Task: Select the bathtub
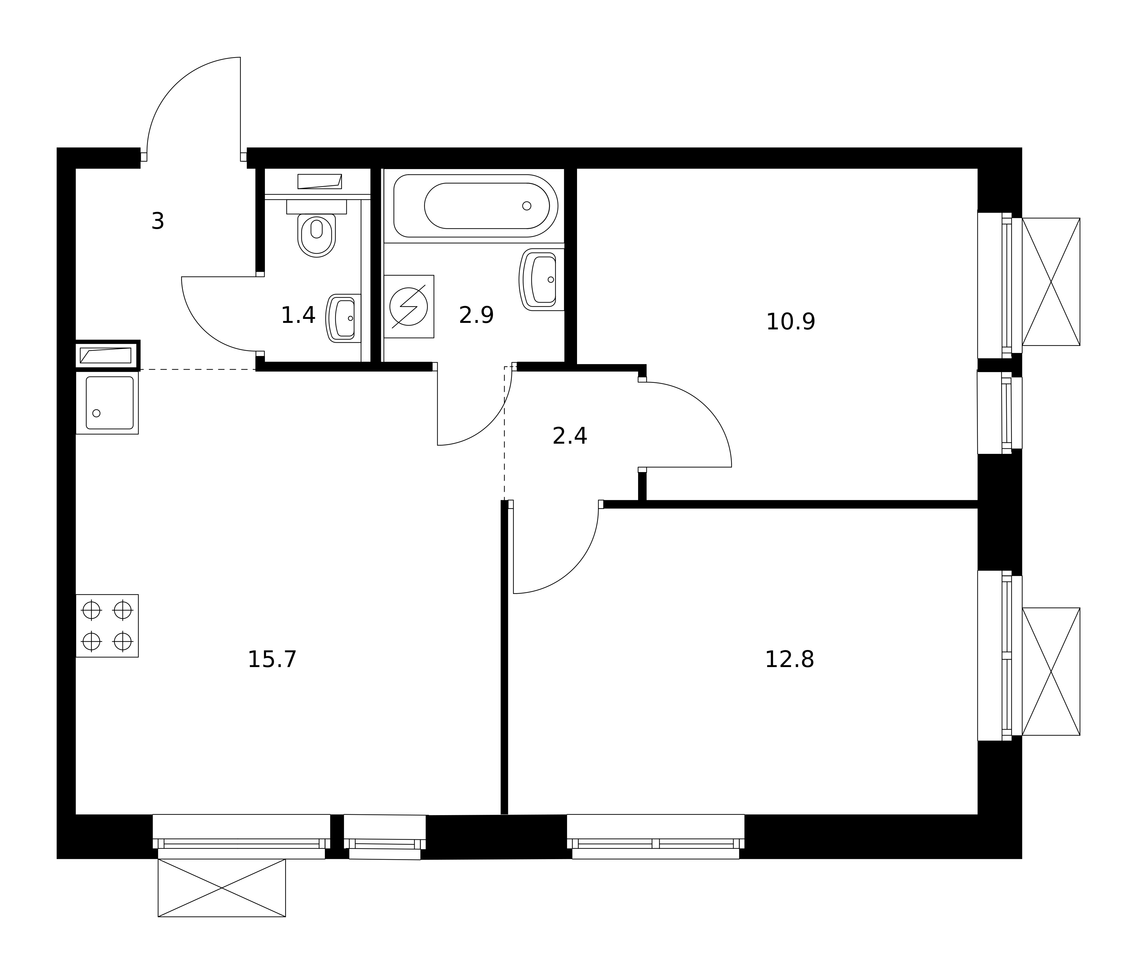coord(476,206)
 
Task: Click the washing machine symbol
coord(409,306)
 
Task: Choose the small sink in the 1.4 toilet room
coord(343,318)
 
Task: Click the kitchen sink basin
coord(110,403)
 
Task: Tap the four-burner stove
coord(107,626)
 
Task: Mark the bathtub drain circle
coord(527,206)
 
